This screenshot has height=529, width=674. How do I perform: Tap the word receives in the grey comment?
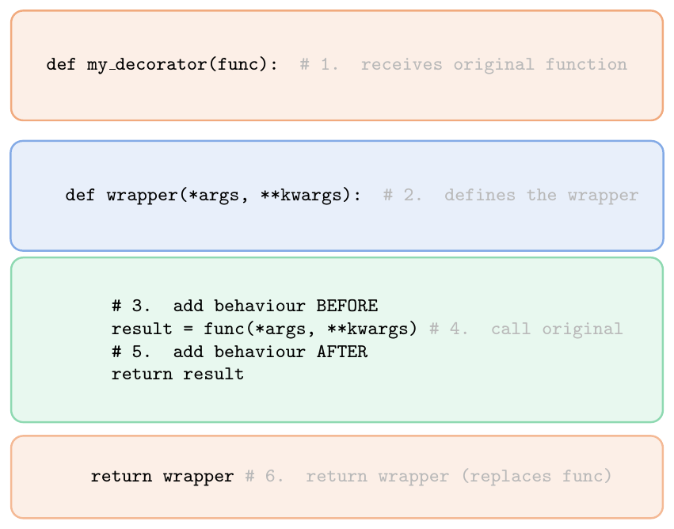pos(402,65)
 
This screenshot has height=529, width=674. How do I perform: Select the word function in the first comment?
pos(586,64)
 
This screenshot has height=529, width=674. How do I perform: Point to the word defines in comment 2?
pos(480,195)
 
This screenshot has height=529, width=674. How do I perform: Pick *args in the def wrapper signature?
pos(214,196)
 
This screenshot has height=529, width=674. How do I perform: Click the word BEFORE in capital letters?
pos(348,306)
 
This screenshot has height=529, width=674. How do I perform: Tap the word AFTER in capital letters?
pos(342,352)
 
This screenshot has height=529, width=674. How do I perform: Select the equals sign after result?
pos(188,329)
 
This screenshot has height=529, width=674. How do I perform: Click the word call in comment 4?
pos(511,329)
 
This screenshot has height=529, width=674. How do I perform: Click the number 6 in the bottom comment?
pos(270,476)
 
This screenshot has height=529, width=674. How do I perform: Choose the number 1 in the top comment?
pos(326,64)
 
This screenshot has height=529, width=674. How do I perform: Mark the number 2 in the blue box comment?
pos(409,195)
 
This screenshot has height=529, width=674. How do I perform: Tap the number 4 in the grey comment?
pos(455,329)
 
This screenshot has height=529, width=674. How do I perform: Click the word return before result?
pos(142,375)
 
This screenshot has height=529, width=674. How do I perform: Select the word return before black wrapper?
pos(121,477)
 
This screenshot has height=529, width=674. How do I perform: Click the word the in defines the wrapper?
pos(542,195)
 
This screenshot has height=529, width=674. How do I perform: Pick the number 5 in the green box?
pos(137,352)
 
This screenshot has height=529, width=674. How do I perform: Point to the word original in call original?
pos(582,329)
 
